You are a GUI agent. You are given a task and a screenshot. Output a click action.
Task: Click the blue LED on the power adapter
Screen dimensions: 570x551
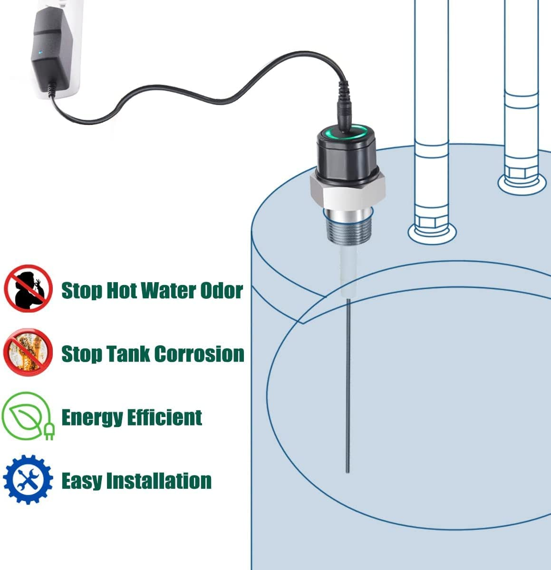(41, 53)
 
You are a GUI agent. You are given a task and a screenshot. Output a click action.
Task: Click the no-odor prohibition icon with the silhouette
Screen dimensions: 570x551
(28, 289)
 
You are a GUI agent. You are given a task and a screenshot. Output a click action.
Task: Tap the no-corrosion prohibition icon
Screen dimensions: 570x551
(28, 352)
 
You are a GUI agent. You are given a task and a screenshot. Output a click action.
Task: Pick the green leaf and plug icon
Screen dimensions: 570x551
(28, 416)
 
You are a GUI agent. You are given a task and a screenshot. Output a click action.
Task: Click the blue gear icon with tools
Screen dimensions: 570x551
(28, 479)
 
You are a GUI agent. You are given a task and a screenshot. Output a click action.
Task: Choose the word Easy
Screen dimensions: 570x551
(81, 481)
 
